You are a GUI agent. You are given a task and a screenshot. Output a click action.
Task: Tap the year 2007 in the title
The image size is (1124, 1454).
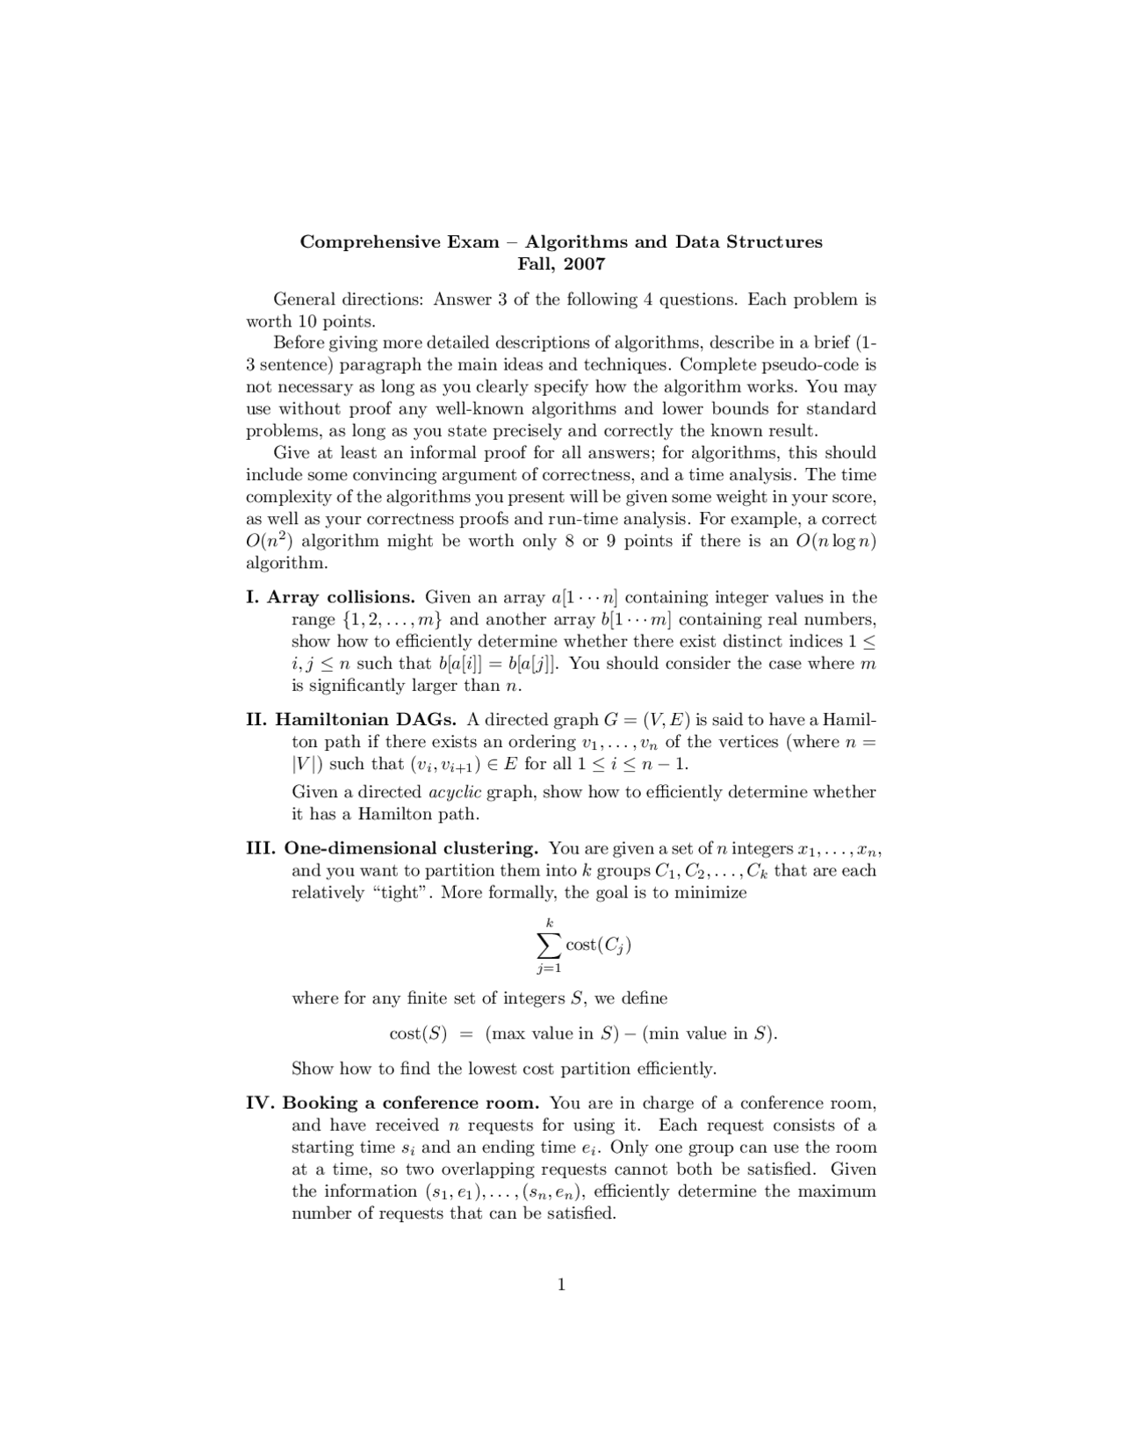tap(585, 264)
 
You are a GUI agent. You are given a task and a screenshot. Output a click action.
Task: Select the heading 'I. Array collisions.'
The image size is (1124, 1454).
tap(330, 598)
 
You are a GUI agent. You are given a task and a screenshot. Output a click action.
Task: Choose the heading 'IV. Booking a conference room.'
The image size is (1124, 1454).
tap(393, 1104)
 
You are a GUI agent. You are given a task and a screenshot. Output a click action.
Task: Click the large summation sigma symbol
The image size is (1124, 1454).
tap(549, 945)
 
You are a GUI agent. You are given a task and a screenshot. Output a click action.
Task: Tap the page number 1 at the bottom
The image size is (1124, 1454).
tap(561, 1285)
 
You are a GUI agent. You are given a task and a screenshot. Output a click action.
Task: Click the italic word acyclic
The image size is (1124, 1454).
tap(454, 793)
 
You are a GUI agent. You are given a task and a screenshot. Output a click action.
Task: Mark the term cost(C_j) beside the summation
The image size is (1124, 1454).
tap(599, 946)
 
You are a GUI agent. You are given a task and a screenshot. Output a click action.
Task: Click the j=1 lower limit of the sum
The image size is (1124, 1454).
tap(550, 968)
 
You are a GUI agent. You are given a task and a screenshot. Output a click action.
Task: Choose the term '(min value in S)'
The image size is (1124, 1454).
tap(710, 1034)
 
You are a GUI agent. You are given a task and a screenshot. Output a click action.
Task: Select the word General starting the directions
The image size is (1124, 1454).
tap(305, 300)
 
